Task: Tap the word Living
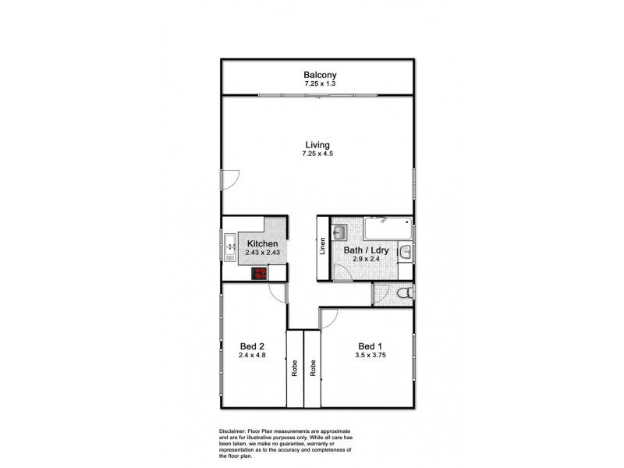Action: tap(317, 144)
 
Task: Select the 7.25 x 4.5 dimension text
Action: tap(317, 154)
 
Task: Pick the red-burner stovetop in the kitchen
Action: tap(259, 273)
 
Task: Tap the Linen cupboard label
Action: tap(322, 246)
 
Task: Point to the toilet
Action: tap(402, 294)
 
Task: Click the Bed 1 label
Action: tap(370, 346)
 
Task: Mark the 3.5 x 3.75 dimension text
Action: tap(370, 356)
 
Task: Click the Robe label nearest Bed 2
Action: tap(295, 367)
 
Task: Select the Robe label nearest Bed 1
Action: tap(312, 367)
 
